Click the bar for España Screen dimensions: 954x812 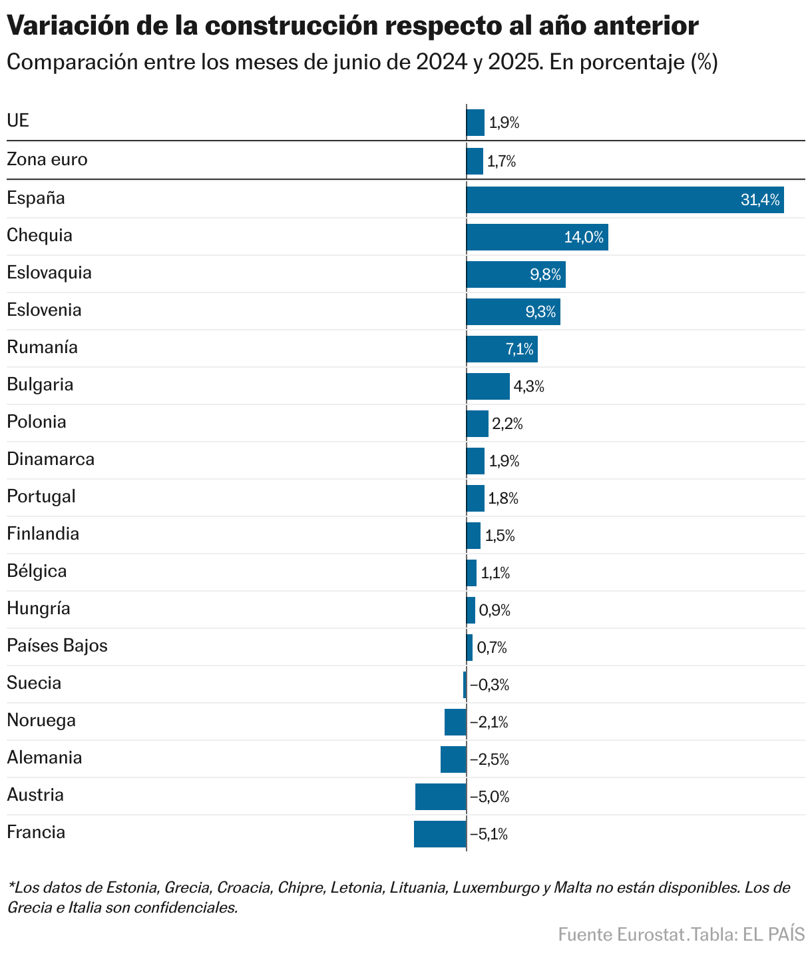pos(624,200)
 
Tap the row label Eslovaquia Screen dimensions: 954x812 pos(49,273)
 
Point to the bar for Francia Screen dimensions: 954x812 pos(440,834)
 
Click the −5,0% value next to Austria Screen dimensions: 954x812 pos(490,797)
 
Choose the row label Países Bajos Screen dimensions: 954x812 pos(57,646)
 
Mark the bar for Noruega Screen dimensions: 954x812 pos(455,722)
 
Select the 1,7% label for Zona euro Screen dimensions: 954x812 pos(501,162)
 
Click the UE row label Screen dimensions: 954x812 pos(18,121)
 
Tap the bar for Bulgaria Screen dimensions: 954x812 pos(488,386)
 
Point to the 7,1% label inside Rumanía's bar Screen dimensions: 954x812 pos(519,349)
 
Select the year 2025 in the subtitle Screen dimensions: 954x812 pos(514,63)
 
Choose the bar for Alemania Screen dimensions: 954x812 pos(453,759)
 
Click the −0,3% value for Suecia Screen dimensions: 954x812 pos(490,685)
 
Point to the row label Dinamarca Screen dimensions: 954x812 pos(51,460)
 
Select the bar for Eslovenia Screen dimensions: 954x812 pos(513,312)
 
